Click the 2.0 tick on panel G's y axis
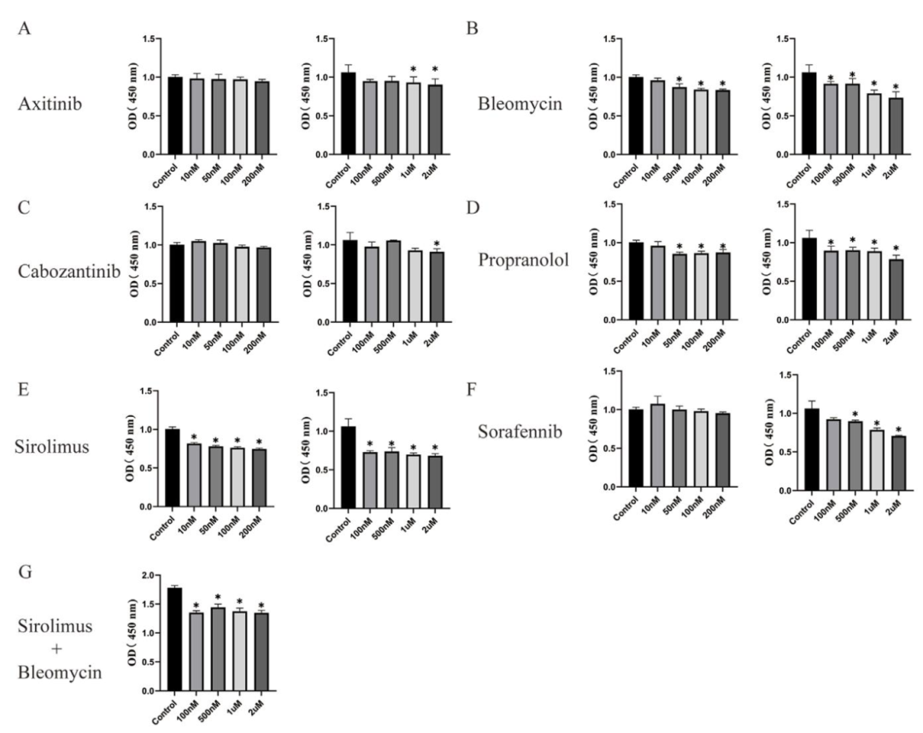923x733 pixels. (152, 576)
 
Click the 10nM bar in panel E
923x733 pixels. (195, 474)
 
